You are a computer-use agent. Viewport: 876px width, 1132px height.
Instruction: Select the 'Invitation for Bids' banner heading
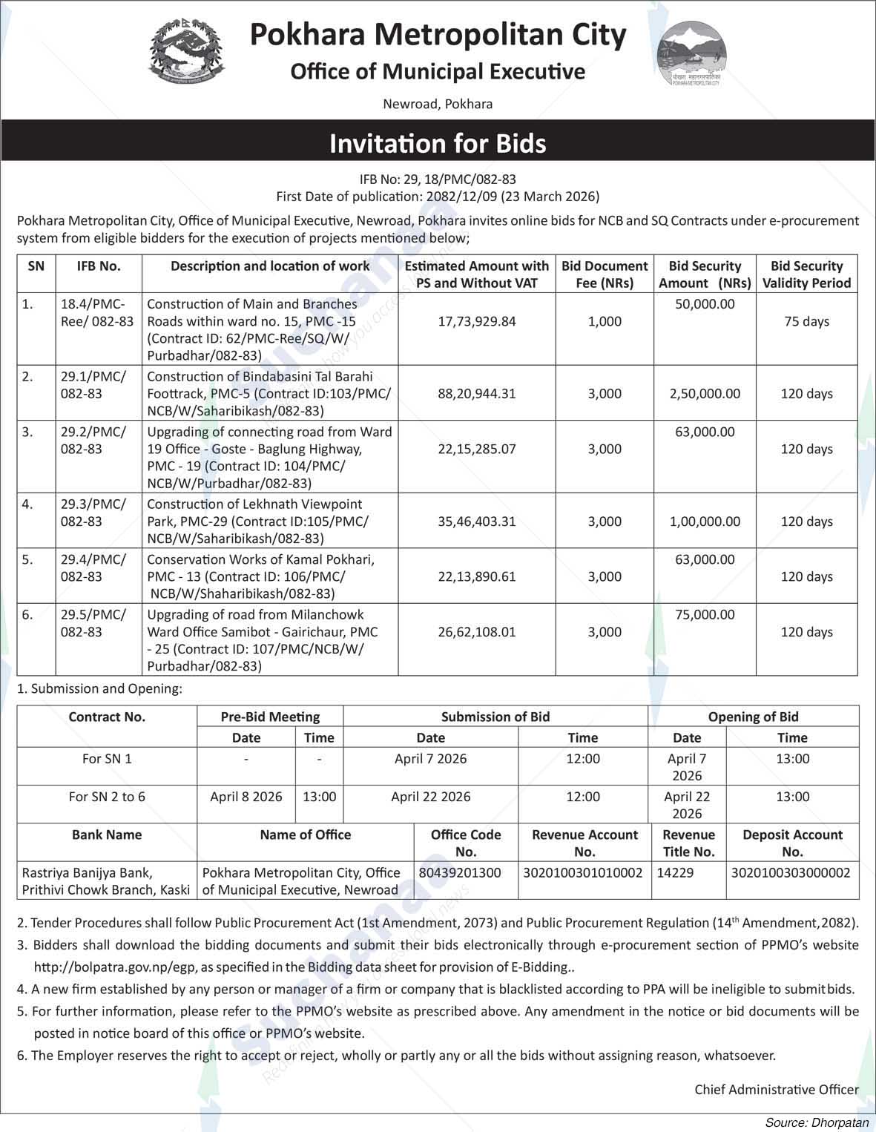tap(438, 143)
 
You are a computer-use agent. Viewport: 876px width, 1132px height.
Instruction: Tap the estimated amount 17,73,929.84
tap(476, 322)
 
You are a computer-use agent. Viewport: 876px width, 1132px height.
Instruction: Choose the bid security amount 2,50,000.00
tap(705, 394)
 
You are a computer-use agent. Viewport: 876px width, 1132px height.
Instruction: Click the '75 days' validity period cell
tap(806, 322)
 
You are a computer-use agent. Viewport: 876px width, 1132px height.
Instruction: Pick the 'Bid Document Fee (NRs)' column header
tap(605, 274)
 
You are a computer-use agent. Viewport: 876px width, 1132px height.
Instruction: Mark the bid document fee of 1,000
tap(605, 322)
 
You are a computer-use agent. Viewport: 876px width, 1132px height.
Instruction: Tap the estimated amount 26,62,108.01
tap(476, 632)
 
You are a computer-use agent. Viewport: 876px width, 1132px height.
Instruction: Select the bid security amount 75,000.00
tap(705, 615)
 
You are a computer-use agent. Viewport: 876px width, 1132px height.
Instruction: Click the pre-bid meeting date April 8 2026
tap(246, 797)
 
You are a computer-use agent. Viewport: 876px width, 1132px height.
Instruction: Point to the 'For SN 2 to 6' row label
tap(107, 797)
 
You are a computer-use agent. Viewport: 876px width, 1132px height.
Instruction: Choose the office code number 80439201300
tap(460, 873)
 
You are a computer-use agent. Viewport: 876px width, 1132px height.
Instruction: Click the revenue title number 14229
tap(676, 873)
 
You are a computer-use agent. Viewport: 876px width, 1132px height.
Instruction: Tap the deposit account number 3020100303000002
tap(791, 873)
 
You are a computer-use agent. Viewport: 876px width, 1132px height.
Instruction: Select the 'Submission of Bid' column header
tap(495, 717)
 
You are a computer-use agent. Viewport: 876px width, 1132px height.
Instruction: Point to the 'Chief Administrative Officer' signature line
tap(777, 1090)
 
